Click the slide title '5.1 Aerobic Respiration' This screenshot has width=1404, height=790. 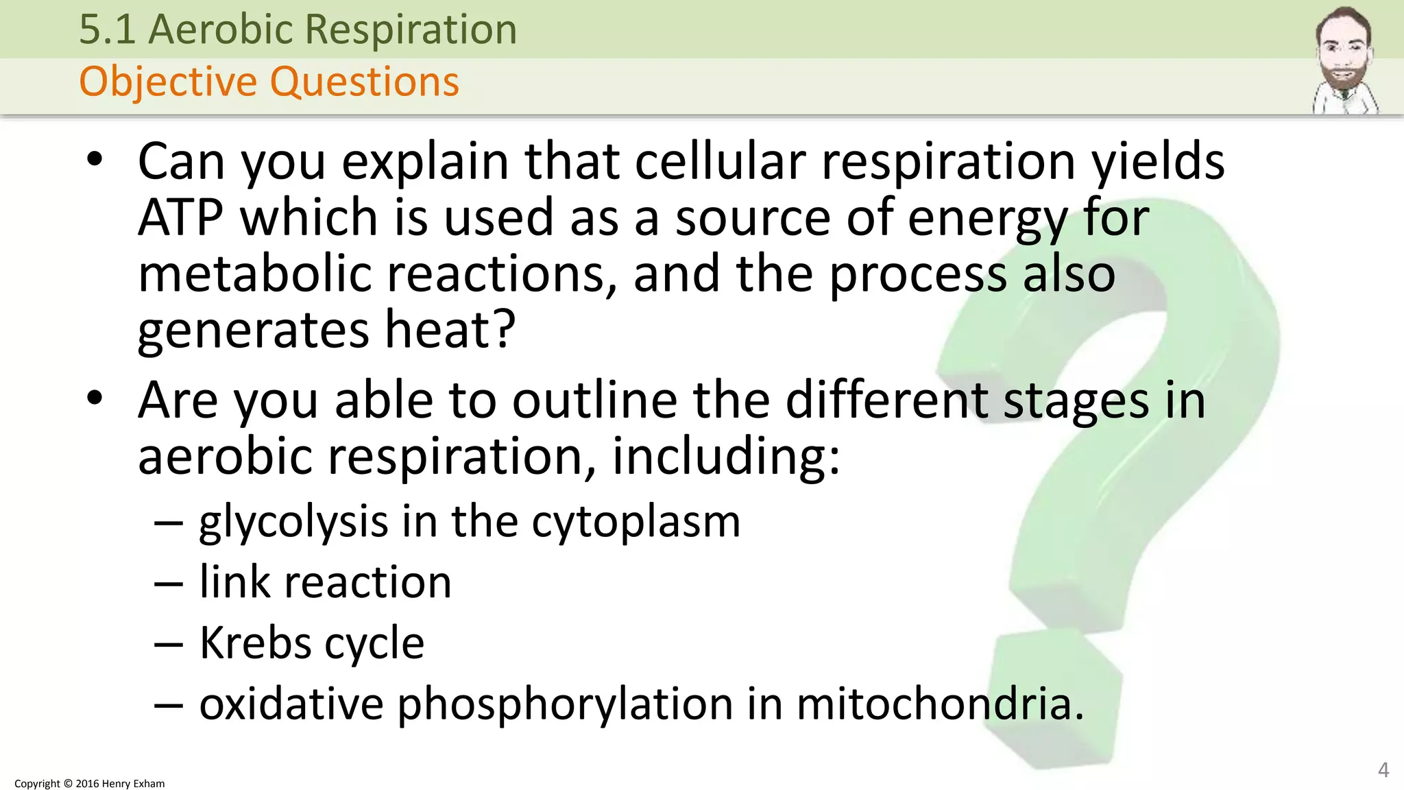tap(298, 29)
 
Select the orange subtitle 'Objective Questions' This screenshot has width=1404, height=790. tap(269, 82)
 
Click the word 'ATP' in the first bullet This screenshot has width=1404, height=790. tap(180, 217)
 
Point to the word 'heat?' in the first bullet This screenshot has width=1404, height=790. tap(450, 330)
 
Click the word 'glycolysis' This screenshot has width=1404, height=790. tap(293, 523)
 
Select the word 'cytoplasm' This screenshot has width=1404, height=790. tap(636, 523)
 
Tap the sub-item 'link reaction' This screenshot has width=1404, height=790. tap(325, 582)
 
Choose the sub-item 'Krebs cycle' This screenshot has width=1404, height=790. tap(312, 643)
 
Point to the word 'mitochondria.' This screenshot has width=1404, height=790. tap(941, 704)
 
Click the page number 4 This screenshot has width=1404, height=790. tap(1383, 770)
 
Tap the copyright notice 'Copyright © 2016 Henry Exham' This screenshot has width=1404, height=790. tap(90, 783)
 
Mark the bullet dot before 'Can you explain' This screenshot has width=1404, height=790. tap(95, 160)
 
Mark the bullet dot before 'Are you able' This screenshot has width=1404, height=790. tap(95, 398)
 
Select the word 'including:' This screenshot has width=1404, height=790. tap(726, 457)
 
